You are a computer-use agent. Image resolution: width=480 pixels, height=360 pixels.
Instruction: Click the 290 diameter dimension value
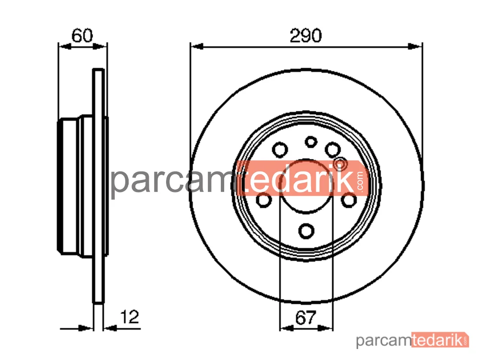coord(305,36)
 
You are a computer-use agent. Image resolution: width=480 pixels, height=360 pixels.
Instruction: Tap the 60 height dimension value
coord(82,36)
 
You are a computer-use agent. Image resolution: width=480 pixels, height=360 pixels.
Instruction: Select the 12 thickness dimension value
coord(130,317)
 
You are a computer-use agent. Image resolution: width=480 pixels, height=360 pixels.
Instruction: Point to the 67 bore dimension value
coord(305,318)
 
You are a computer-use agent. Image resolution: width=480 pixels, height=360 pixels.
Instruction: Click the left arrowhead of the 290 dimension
coord(197,47)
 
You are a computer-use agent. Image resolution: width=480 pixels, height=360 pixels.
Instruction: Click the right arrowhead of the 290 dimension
coord(415,47)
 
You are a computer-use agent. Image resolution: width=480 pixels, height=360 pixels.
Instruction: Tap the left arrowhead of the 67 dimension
coord(287,328)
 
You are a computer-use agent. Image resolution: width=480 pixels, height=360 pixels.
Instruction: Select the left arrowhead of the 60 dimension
coord(65,47)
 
